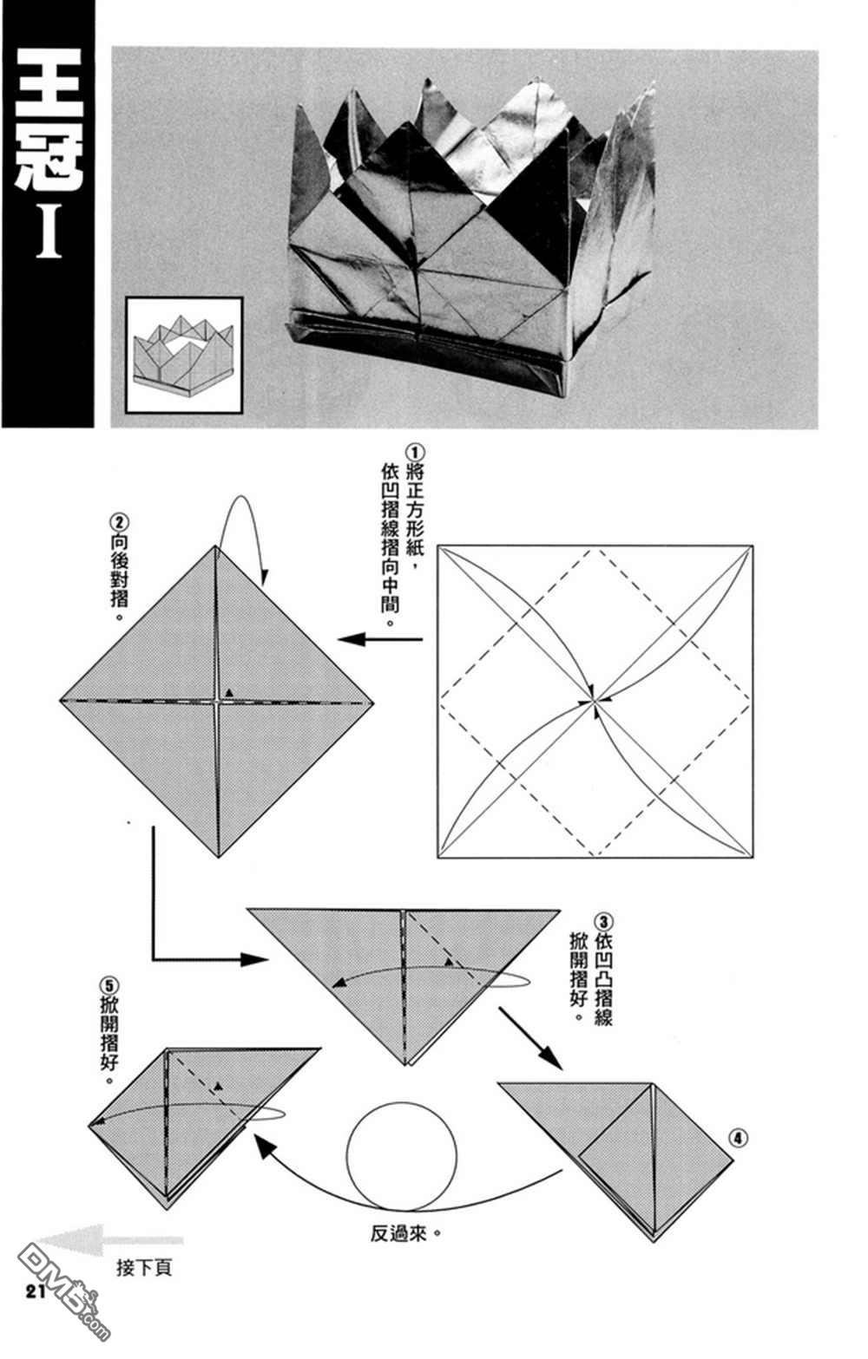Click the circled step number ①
(x=415, y=453)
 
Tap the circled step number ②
(x=119, y=523)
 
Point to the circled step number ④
(x=738, y=1138)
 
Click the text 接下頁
(x=145, y=1267)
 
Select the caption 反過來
(x=398, y=1233)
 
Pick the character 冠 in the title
(x=49, y=156)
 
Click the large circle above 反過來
(x=402, y=1154)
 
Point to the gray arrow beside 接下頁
(x=110, y=1240)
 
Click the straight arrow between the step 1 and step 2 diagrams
(x=380, y=639)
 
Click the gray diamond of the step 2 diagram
(x=217, y=702)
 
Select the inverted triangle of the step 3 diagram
(x=404, y=970)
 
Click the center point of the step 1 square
(x=595, y=702)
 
